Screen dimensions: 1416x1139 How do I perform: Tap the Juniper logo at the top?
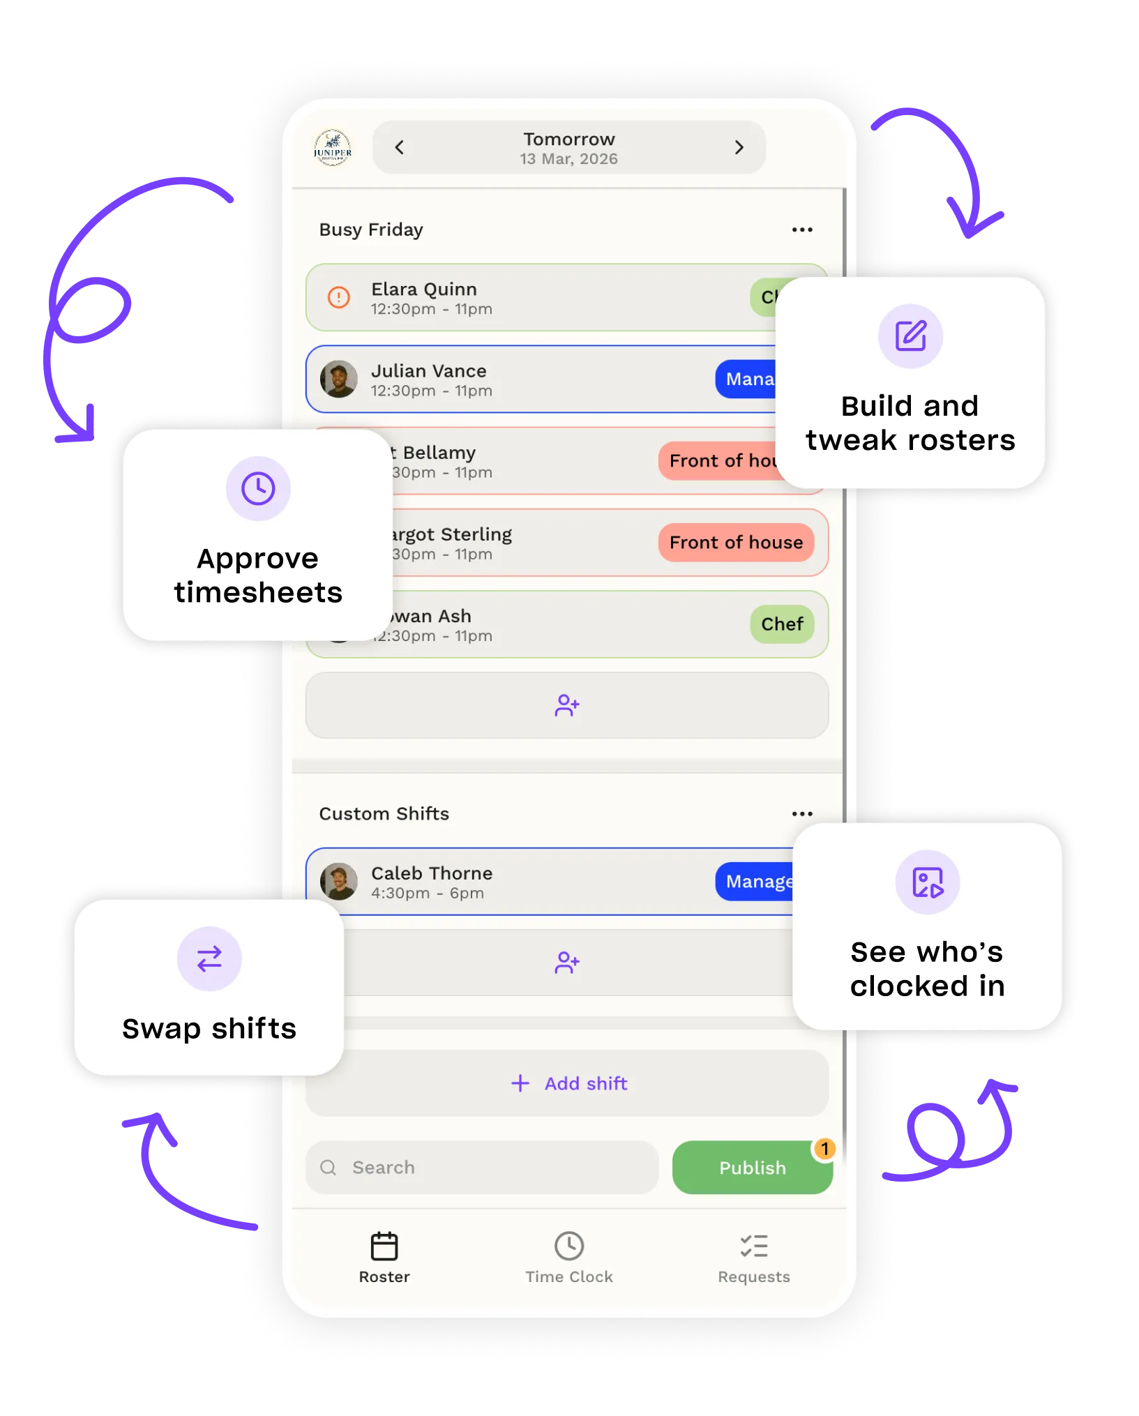tap(333, 147)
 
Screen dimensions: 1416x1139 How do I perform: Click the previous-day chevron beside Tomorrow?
tap(400, 147)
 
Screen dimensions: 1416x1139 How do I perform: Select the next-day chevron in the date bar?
tap(739, 147)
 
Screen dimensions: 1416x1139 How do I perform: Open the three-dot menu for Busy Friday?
tap(802, 229)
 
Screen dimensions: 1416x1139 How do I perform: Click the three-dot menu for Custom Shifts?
tap(802, 813)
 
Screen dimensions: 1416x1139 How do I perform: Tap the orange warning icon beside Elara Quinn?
tap(339, 298)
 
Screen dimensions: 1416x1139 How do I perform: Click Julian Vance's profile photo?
tap(339, 379)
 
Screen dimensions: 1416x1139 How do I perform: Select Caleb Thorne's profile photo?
tap(339, 882)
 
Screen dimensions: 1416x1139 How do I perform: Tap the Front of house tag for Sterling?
tap(736, 543)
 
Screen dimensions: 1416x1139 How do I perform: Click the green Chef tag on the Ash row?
tap(782, 624)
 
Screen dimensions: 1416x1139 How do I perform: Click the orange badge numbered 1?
tap(824, 1149)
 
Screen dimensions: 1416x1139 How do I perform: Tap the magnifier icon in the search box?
tap(328, 1168)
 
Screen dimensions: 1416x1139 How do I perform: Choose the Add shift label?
tap(586, 1083)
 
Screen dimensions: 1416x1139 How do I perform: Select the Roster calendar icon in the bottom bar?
tap(384, 1246)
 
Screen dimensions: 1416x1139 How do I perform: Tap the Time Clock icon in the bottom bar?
tap(569, 1246)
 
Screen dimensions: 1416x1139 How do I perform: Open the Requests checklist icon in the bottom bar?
tap(754, 1246)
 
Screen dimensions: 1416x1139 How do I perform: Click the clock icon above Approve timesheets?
tap(258, 488)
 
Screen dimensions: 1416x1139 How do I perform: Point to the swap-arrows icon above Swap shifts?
tap(209, 958)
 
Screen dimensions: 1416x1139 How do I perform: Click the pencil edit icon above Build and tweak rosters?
tap(910, 336)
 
